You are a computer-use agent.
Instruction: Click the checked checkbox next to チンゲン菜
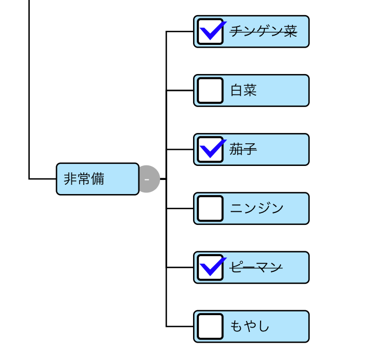click(x=210, y=31)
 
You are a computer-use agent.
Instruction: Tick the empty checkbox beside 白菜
click(x=210, y=90)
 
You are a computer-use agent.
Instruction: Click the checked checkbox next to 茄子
click(x=210, y=149)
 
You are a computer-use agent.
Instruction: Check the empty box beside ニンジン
click(x=210, y=208)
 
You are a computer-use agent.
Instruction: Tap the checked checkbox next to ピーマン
click(x=210, y=267)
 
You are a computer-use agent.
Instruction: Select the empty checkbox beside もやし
click(x=210, y=326)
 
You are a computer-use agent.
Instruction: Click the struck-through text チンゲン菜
click(x=263, y=31)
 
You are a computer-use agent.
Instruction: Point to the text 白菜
click(x=243, y=90)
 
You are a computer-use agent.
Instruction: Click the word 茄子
click(x=243, y=149)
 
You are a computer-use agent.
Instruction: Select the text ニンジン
click(x=257, y=208)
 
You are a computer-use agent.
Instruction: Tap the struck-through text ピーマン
click(x=256, y=267)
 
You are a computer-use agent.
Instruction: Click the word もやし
click(x=250, y=326)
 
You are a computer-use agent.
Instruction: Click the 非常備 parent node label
click(x=84, y=179)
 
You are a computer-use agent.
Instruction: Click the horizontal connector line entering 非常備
click(x=43, y=178)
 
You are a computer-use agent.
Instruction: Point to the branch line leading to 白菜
click(x=180, y=90)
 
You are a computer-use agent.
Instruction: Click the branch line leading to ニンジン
click(x=180, y=208)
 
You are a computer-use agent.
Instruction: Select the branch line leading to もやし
click(x=180, y=326)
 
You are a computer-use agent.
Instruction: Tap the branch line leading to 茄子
click(x=180, y=149)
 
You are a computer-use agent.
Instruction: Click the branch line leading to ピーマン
click(x=180, y=267)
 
